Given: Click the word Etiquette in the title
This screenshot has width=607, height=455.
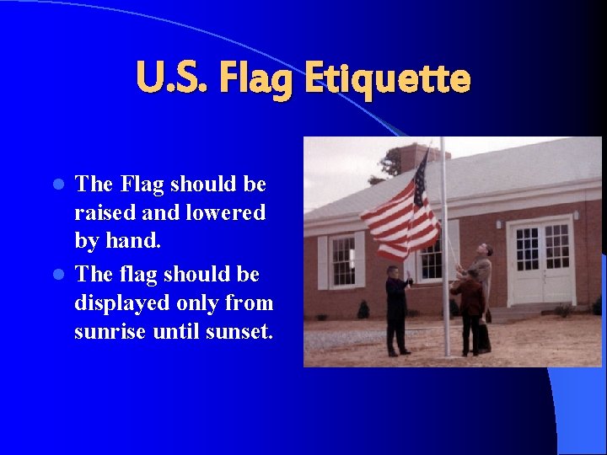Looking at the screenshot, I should (x=387, y=80).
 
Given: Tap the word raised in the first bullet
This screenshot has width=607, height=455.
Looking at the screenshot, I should (x=102, y=213).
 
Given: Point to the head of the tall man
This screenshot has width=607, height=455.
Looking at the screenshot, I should (x=484, y=250).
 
